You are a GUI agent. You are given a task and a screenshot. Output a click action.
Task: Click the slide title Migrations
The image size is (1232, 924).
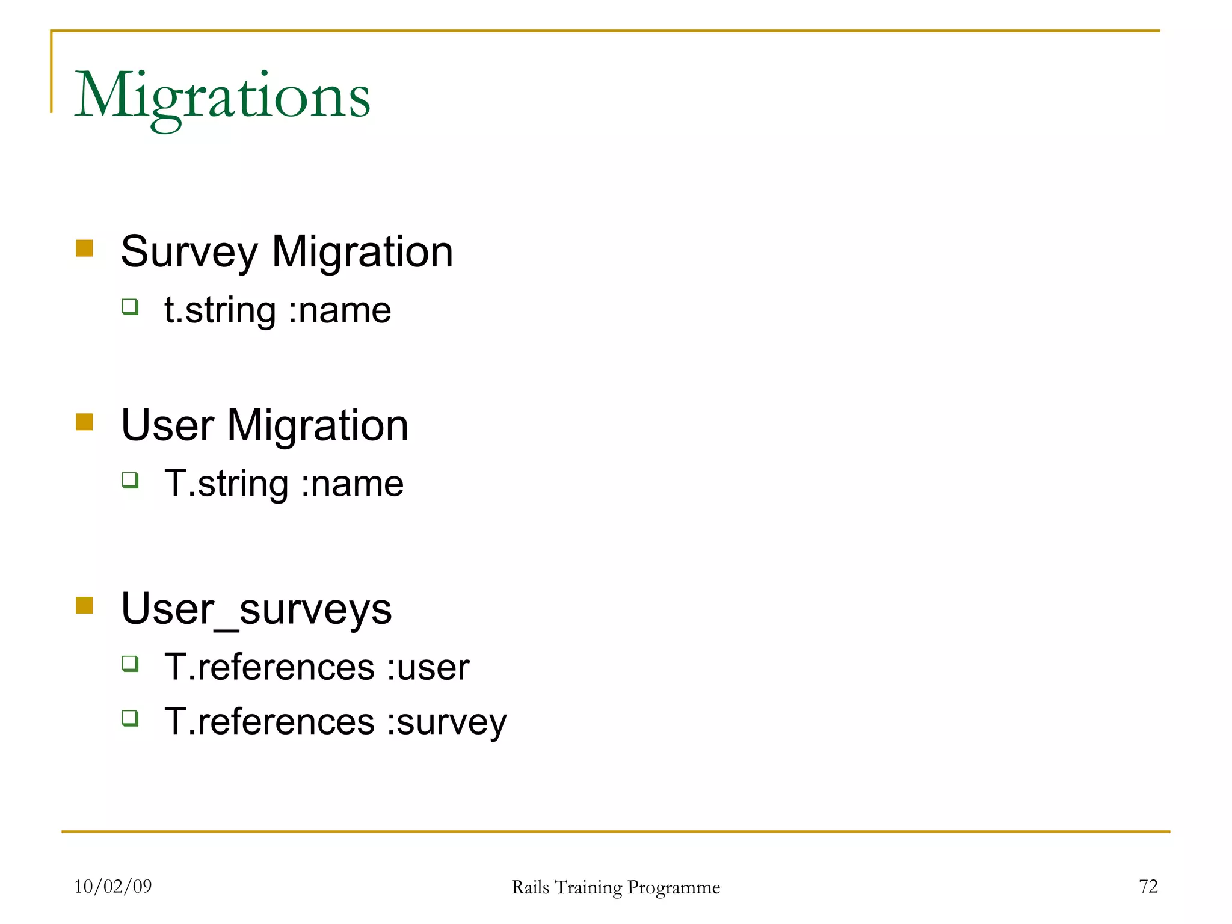tap(222, 96)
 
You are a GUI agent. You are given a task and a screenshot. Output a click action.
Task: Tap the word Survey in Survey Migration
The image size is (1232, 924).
tap(189, 252)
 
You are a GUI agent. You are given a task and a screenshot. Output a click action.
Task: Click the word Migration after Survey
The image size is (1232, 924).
tap(362, 252)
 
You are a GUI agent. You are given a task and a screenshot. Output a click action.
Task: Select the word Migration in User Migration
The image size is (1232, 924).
tap(318, 425)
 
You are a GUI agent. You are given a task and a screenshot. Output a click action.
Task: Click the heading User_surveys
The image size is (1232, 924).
tap(256, 609)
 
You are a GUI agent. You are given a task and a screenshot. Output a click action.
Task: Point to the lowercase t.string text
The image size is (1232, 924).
tap(220, 311)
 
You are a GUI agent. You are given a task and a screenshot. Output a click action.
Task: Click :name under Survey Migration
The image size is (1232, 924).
tap(340, 311)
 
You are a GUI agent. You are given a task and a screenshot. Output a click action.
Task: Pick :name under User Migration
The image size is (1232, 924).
tap(353, 484)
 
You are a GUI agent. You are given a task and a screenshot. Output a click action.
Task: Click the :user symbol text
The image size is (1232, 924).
tap(428, 668)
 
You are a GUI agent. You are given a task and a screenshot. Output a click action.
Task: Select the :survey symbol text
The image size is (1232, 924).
tap(447, 722)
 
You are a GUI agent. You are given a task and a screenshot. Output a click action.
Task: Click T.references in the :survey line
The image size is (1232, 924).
tap(269, 722)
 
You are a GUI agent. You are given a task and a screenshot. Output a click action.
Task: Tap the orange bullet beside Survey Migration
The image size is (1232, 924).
tap(85, 248)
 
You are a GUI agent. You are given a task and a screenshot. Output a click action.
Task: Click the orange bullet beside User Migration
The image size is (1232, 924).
tap(85, 422)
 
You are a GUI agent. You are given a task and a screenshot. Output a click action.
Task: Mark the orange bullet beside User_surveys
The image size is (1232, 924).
tap(85, 605)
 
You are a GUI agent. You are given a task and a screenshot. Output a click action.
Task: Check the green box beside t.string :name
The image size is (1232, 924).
tap(130, 307)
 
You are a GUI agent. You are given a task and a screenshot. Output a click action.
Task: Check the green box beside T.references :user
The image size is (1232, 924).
tap(130, 664)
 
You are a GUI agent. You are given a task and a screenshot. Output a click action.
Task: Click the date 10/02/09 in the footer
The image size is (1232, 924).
tap(113, 886)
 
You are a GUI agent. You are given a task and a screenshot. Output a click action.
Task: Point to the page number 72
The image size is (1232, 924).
tap(1148, 886)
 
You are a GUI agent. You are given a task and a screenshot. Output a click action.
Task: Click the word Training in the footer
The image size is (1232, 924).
tap(588, 888)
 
